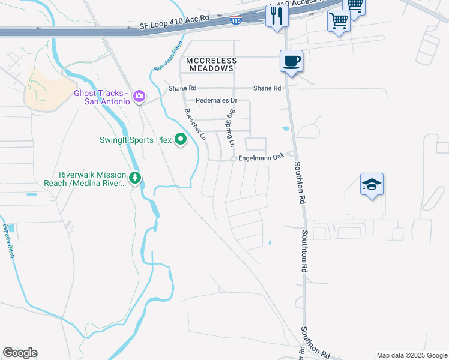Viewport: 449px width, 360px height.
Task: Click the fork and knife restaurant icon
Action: [x=277, y=15]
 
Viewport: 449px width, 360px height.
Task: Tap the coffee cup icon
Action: [x=291, y=61]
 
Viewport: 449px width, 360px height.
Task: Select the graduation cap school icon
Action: [x=372, y=184]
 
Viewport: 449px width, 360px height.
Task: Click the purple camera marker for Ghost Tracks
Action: [x=139, y=95]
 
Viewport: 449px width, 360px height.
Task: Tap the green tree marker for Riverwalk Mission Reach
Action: [x=136, y=178]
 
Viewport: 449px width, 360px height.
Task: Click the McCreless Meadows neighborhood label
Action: [x=211, y=65]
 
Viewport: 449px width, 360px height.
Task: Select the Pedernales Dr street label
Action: [x=217, y=100]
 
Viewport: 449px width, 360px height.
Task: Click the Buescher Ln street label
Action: [x=196, y=124]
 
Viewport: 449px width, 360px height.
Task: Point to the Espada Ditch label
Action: [x=8, y=241]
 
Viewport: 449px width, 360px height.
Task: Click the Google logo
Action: [x=20, y=353]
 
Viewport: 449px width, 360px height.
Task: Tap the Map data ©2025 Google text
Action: [x=412, y=355]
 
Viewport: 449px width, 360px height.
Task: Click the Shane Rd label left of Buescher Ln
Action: [x=178, y=88]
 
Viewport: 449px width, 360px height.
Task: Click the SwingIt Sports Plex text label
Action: [x=136, y=140]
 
